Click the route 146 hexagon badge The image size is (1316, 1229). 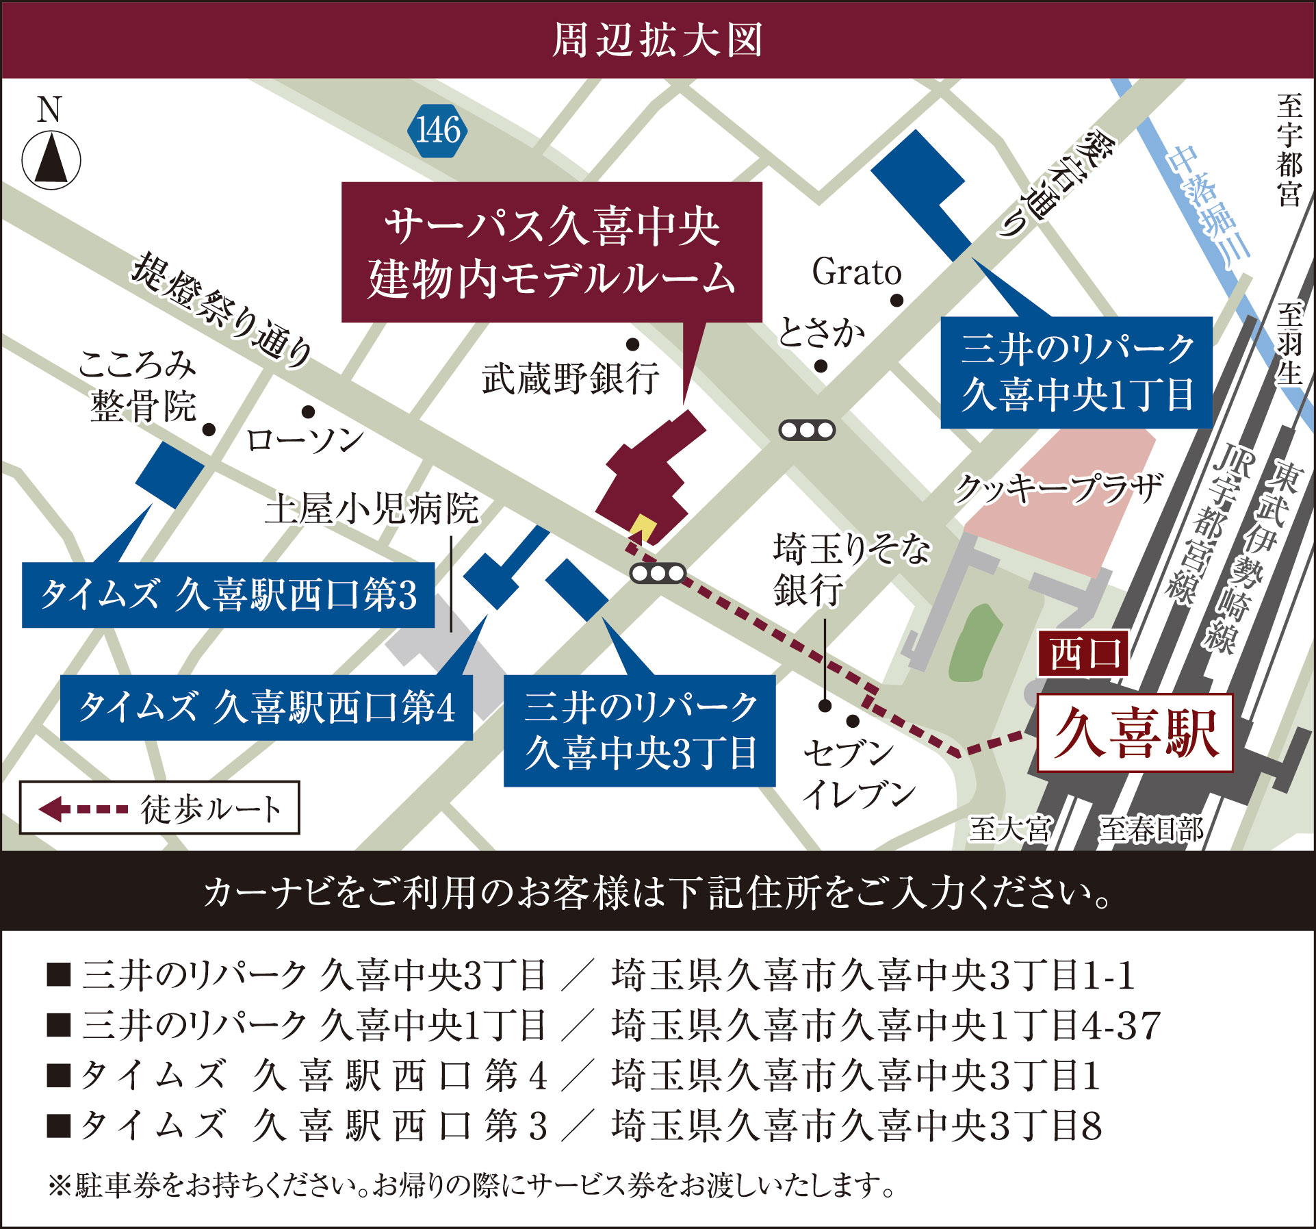tap(437, 130)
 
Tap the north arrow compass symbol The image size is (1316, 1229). tap(51, 161)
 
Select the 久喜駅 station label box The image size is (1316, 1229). tap(1135, 733)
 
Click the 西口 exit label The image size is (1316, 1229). tap(1083, 654)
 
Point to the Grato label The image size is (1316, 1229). tap(856, 272)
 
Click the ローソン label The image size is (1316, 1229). tap(305, 440)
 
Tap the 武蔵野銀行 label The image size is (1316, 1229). tap(571, 378)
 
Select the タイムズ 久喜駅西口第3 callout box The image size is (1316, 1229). tap(228, 594)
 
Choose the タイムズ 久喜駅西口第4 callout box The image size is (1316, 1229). tap(266, 707)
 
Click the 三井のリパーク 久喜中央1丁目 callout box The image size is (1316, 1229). tap(1076, 372)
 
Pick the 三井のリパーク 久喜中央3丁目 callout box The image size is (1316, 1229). tap(639, 731)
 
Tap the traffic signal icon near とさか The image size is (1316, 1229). tap(807, 430)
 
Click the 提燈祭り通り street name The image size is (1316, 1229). tap(222, 309)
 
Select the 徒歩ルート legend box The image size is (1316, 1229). tap(159, 808)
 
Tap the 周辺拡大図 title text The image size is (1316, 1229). tap(657, 40)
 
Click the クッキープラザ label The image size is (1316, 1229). tap(1058, 488)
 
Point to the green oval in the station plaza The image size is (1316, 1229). tap(975, 642)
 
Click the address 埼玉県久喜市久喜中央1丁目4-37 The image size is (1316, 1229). tap(886, 1025)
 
